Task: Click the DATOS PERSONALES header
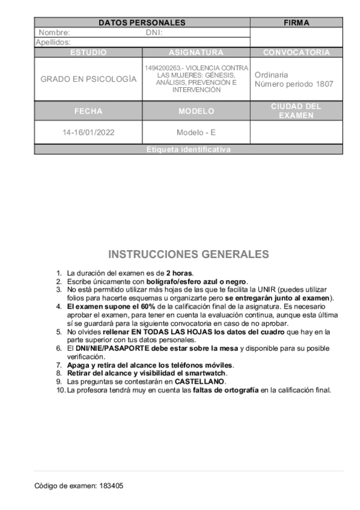point(142,23)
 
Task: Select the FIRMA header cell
point(296,23)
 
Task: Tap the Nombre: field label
point(54,33)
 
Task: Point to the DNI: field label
point(154,33)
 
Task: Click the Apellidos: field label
point(53,43)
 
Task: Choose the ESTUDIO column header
point(88,53)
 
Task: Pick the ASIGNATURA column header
point(196,53)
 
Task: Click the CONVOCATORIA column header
point(296,53)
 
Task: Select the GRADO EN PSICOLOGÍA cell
point(88,79)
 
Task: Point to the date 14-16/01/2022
point(88,132)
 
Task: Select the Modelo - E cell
point(196,132)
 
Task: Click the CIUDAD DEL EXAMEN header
point(296,111)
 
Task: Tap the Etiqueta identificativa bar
point(188,150)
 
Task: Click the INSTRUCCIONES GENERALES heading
point(188,254)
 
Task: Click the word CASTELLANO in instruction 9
point(200,381)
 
